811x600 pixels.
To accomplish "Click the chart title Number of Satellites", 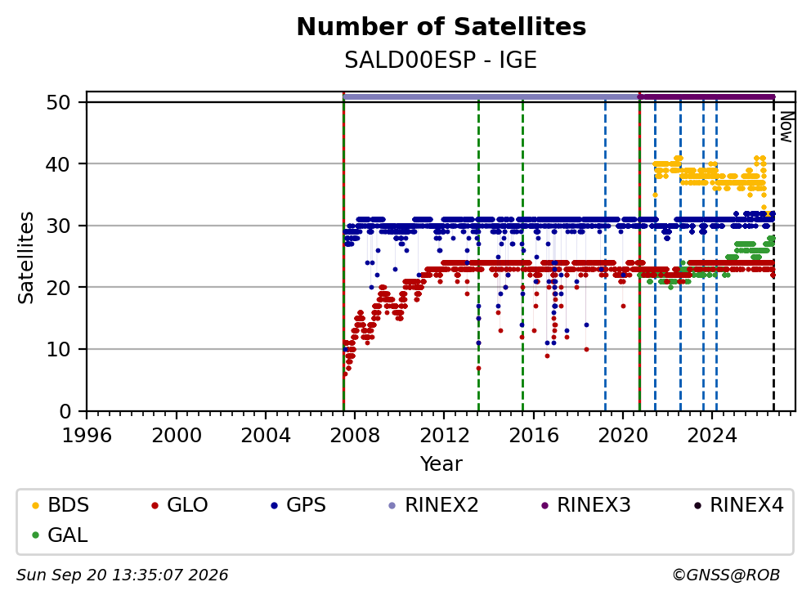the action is [441, 27].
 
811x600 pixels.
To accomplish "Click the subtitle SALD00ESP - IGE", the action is [441, 60].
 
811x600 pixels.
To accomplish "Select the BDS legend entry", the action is [60, 505].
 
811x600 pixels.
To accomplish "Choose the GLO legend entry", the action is [180, 505].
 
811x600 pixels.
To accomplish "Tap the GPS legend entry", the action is [298, 505].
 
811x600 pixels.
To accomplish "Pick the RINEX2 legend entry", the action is [433, 505].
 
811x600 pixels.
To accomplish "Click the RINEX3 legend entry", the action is [585, 505].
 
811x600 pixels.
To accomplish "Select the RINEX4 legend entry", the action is [738, 505].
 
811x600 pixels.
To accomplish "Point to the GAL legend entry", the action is [60, 535].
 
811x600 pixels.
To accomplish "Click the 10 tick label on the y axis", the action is [58, 350].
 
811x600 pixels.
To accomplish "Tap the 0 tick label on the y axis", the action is [65, 412].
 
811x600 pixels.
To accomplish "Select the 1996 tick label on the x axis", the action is [87, 436].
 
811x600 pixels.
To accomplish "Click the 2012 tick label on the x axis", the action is [444, 436].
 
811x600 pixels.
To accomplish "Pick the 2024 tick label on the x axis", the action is [712, 436].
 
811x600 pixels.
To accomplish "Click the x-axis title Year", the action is [441, 464].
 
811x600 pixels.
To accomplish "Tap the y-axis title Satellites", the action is [26, 257].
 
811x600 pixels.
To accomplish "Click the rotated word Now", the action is [786, 127].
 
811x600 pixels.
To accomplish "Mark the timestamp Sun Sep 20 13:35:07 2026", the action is [122, 575].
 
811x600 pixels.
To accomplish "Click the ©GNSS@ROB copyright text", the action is [726, 575].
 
